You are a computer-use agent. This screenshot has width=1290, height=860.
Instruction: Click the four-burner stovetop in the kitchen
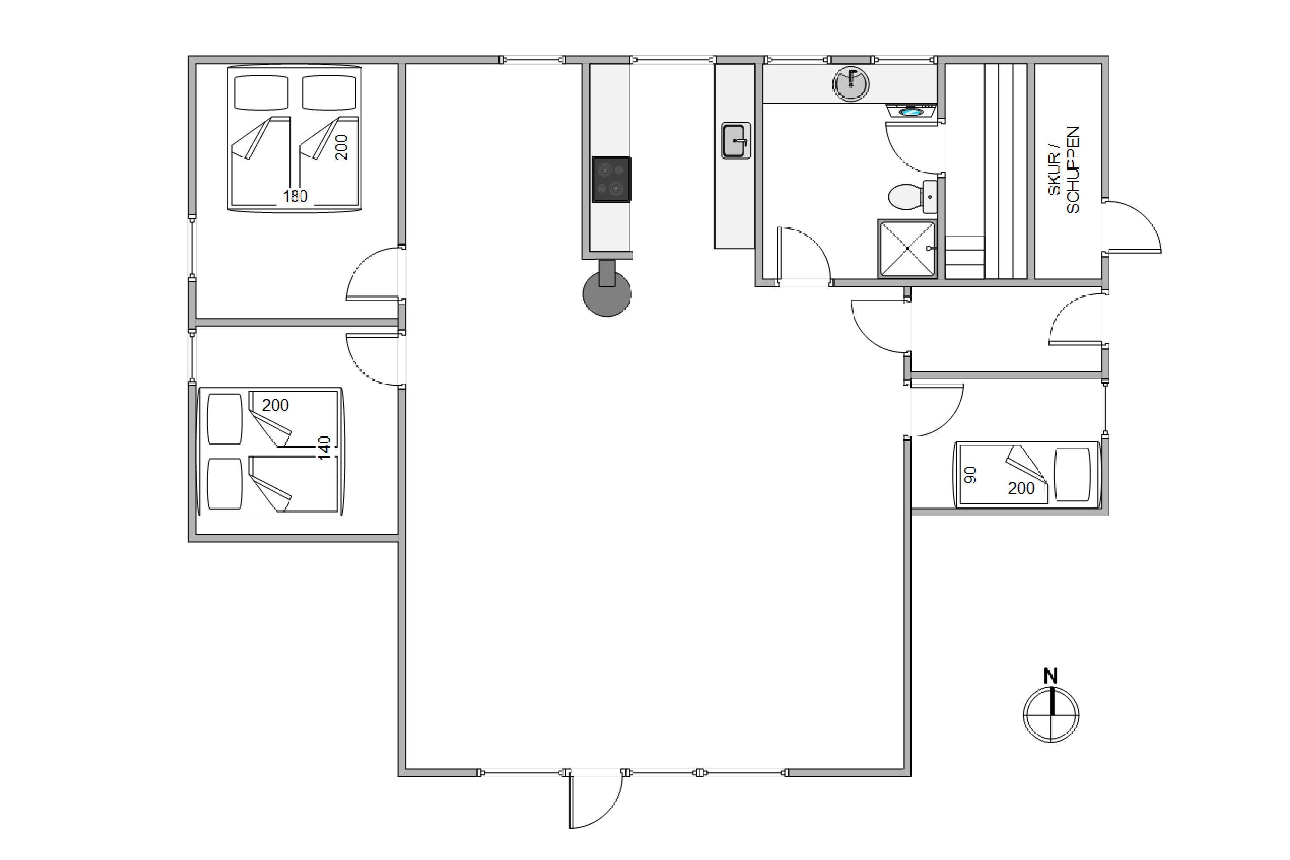click(611, 179)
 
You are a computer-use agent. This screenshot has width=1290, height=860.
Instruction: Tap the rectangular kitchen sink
click(735, 141)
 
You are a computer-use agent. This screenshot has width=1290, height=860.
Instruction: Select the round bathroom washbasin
click(851, 84)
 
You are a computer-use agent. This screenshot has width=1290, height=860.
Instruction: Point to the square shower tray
click(907, 249)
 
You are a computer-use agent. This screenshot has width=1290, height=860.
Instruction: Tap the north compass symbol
click(1051, 715)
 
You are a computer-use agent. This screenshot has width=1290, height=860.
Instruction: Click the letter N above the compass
click(1051, 677)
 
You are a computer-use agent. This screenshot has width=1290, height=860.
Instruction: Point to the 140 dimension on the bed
click(324, 448)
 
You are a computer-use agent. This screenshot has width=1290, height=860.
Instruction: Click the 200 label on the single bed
click(1021, 488)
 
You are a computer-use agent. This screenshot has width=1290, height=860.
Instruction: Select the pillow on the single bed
click(1072, 474)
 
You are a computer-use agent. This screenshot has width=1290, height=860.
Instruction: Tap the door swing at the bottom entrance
click(596, 800)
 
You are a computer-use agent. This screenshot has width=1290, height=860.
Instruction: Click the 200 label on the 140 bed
click(275, 405)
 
